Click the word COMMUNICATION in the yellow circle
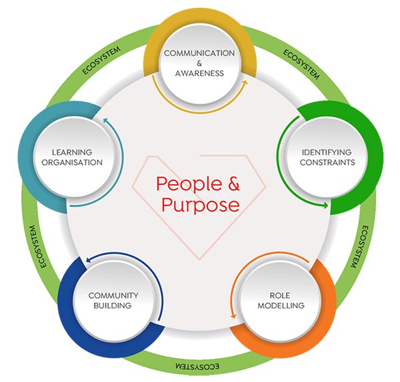coord(199,53)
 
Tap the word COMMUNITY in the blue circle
coord(113,295)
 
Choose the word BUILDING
coord(113,306)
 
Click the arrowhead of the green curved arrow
coord(326,205)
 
